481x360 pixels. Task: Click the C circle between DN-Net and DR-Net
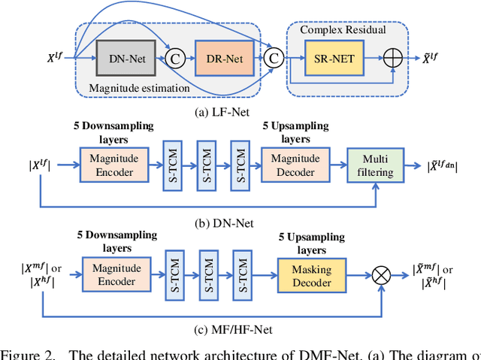click(175, 57)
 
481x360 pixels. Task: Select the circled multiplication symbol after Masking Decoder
click(383, 274)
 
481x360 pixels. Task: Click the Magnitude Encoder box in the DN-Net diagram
click(112, 164)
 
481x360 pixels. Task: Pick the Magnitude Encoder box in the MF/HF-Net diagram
click(112, 274)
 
